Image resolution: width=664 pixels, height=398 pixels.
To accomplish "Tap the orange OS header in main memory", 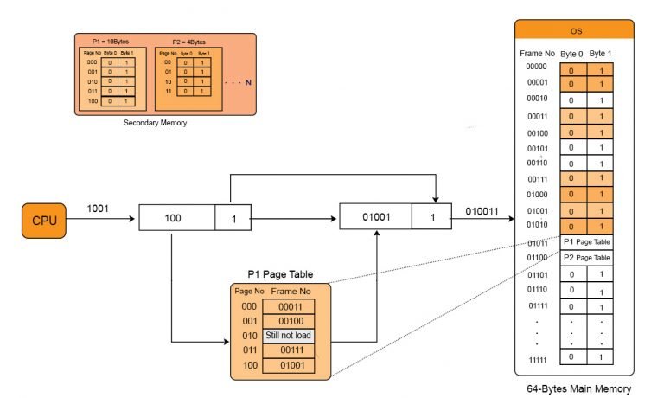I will pos(576,30).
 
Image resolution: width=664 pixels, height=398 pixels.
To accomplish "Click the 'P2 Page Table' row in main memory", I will pos(587,258).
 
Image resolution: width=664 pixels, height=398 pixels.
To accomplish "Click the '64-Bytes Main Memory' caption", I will pos(578,389).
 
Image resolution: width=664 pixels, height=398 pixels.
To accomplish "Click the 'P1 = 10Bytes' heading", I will pos(110,42).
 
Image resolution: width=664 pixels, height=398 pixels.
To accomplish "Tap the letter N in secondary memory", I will pos(247,84).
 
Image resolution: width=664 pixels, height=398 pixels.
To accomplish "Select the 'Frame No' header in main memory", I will pos(536,53).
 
